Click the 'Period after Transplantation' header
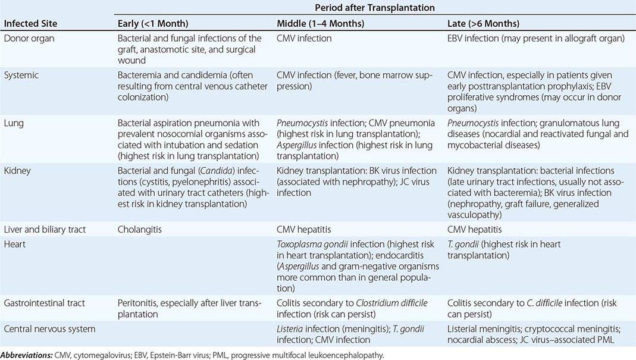point(375,8)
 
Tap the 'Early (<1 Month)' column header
point(153,24)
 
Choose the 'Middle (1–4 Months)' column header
point(319,24)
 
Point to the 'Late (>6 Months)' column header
point(483,24)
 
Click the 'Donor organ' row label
point(27,38)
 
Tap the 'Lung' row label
point(14,123)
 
